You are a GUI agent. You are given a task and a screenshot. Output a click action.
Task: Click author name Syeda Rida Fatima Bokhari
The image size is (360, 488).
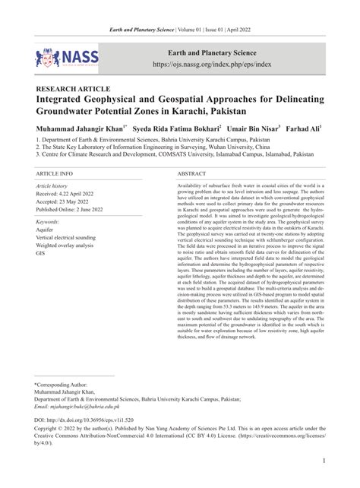[x=176, y=130]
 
